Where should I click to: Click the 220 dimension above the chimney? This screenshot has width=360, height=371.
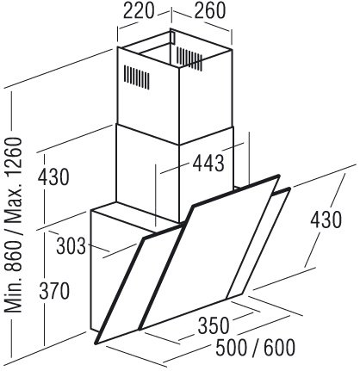click(x=139, y=11)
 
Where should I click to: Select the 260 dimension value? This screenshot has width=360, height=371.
click(x=210, y=11)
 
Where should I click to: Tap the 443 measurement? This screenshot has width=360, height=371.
click(x=208, y=164)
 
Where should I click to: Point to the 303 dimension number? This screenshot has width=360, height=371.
click(x=71, y=246)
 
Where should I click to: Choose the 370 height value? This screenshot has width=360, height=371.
click(x=54, y=291)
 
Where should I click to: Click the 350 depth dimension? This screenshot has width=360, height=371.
click(x=214, y=326)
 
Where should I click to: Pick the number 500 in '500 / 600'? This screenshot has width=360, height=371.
click(x=231, y=347)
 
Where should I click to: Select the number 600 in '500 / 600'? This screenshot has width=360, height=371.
click(x=279, y=347)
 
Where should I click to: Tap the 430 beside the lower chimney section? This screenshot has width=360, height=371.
click(x=53, y=177)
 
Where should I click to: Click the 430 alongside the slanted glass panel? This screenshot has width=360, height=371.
click(x=326, y=220)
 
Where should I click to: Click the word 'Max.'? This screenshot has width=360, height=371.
click(x=13, y=201)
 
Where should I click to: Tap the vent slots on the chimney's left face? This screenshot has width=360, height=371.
click(x=136, y=77)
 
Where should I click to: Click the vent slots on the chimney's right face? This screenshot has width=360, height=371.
click(x=189, y=59)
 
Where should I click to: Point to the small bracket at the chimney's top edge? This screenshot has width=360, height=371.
click(x=172, y=37)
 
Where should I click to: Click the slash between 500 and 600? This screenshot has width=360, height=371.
click(x=255, y=348)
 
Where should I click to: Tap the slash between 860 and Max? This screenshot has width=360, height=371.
click(x=13, y=231)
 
